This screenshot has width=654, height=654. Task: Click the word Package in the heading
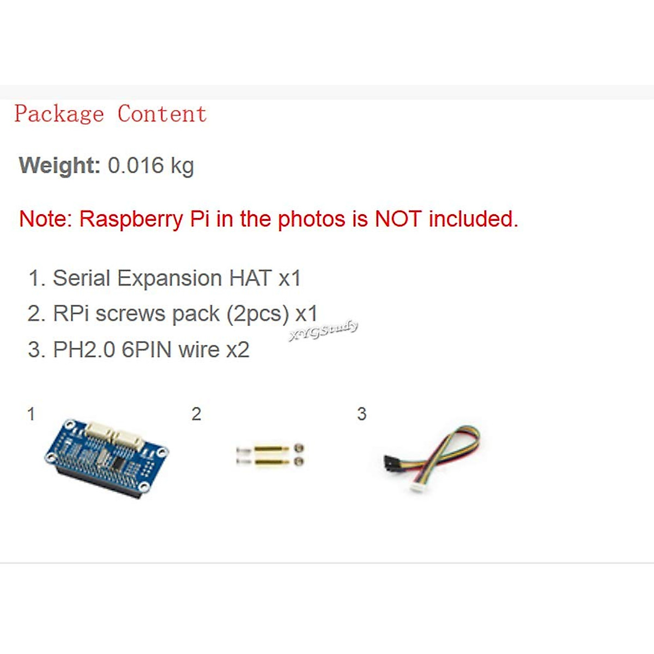click(59, 114)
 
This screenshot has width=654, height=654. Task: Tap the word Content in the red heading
click(162, 114)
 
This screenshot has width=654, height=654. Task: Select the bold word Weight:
click(59, 165)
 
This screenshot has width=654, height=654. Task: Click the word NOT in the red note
click(398, 219)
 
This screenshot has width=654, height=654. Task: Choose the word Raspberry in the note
click(131, 219)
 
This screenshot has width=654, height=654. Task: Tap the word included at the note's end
click(473, 219)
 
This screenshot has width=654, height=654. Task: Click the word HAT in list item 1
click(250, 278)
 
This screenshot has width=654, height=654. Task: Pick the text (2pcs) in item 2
click(257, 314)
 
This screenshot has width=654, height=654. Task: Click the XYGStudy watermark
click(324, 331)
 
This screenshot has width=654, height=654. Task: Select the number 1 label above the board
click(31, 414)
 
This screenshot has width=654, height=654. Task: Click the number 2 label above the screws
click(196, 414)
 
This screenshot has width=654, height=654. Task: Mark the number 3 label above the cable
click(361, 414)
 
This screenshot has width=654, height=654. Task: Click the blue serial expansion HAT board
click(107, 457)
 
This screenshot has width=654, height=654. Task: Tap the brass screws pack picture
click(270, 455)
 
